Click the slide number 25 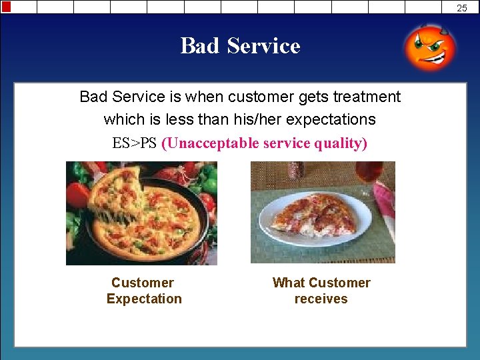462,8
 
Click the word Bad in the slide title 201,46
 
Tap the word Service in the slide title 263,46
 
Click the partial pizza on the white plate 313,217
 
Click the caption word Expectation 144,299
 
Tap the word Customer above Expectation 143,283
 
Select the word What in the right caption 288,283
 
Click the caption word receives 321,299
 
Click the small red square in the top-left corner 7,7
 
